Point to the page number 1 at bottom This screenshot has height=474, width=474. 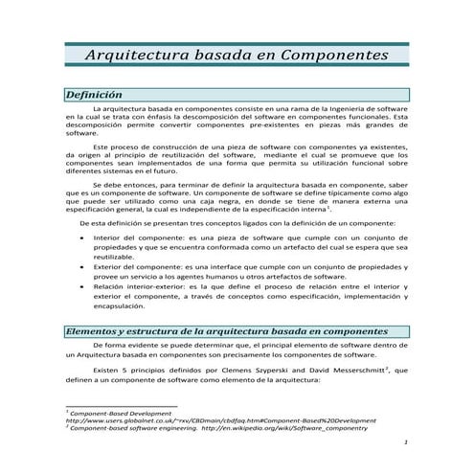click(406, 442)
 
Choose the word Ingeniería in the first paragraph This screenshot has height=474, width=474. click(334, 113)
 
